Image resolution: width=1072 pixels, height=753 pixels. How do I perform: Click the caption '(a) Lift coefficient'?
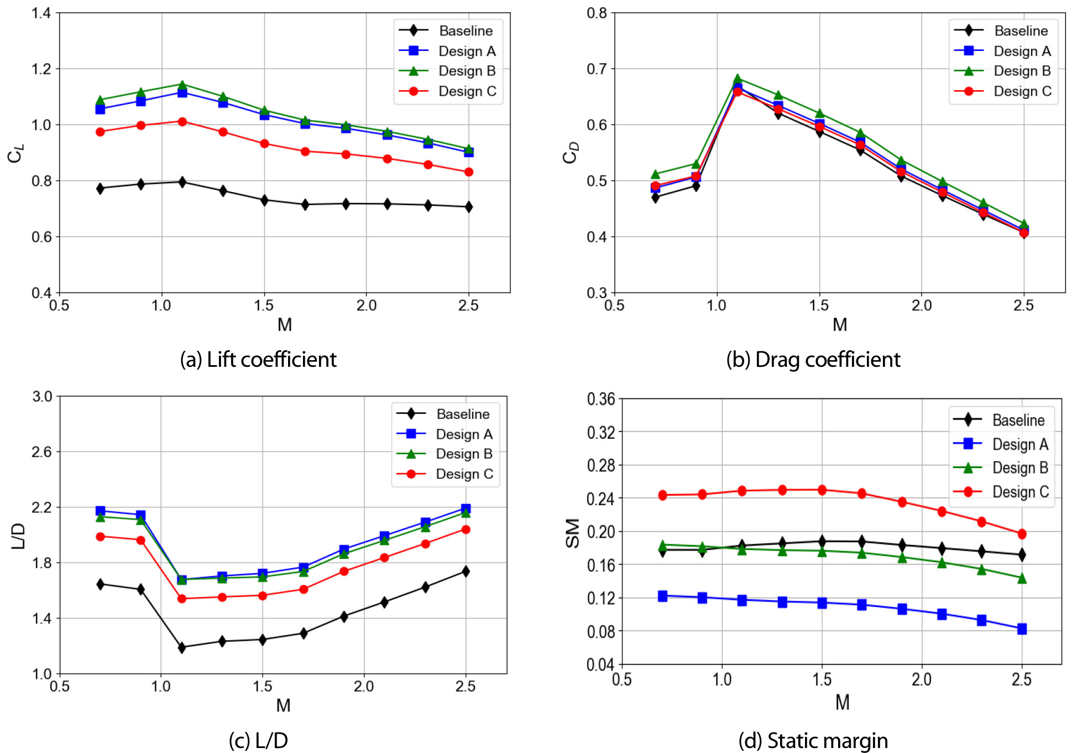coord(258,360)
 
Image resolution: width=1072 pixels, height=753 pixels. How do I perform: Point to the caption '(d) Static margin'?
coord(813,740)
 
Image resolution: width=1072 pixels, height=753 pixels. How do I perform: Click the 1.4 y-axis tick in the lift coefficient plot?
coord(41,13)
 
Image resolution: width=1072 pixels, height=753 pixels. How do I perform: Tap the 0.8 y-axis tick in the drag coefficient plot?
coord(597,13)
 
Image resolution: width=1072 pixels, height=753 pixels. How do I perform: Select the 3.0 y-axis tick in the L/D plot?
coord(42,396)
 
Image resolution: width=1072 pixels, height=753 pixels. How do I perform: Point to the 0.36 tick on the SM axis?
coord(601,399)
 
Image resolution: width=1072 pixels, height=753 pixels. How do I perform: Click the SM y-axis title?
coord(573,533)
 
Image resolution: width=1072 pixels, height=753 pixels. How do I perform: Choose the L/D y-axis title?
coord(18,535)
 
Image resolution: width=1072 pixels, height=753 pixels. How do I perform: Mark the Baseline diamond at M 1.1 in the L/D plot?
coord(181,647)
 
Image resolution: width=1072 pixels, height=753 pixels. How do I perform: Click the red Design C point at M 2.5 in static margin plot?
coord(1022,534)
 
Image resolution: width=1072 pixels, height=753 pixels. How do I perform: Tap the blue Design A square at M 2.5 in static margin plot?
coord(1022,629)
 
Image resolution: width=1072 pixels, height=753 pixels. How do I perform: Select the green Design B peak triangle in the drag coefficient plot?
coord(737,79)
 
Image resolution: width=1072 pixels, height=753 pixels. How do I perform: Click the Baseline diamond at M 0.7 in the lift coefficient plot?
coord(100,188)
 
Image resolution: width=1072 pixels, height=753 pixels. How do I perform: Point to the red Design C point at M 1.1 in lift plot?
coord(182,122)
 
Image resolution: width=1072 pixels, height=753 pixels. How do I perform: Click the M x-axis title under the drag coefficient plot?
coord(839,325)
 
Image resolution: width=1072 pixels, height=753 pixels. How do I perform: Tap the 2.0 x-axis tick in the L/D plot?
coord(364,687)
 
